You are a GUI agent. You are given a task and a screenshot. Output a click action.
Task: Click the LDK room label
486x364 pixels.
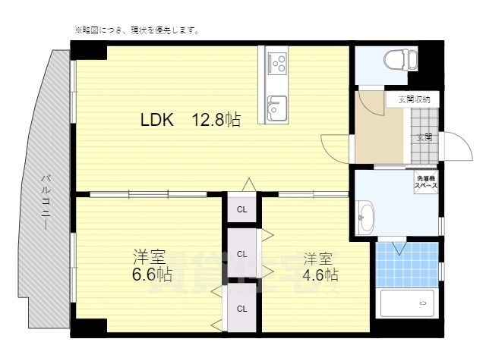157,119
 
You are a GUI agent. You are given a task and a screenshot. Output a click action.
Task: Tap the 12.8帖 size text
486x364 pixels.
216,119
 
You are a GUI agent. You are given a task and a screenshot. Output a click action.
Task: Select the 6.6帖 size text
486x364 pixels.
149,274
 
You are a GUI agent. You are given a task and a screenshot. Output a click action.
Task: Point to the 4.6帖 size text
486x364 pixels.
320,274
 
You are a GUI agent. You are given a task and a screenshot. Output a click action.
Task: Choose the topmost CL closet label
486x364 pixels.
241,209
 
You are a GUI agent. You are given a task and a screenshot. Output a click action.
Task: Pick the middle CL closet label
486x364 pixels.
241,254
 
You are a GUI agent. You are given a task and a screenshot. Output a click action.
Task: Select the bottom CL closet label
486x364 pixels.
241,308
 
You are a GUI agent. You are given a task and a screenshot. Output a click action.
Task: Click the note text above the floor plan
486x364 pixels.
137,31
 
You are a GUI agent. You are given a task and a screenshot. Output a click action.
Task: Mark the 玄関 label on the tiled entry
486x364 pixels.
424,137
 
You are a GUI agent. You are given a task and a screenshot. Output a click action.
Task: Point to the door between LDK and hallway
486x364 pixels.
336,144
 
